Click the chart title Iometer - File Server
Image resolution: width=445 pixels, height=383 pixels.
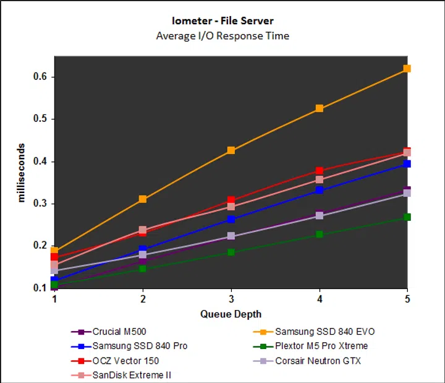(x=222, y=21)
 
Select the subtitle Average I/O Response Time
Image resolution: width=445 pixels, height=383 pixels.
(x=222, y=35)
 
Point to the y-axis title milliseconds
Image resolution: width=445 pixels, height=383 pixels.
(x=21, y=173)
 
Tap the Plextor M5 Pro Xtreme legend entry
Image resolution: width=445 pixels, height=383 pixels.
(x=321, y=346)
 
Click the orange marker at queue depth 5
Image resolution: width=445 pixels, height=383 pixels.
(x=407, y=69)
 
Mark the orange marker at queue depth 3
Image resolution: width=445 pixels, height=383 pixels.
(x=231, y=150)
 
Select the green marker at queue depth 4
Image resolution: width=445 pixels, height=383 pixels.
(x=320, y=235)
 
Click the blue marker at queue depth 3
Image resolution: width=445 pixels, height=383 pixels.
(x=231, y=220)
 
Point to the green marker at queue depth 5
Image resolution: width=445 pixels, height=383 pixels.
(x=407, y=217)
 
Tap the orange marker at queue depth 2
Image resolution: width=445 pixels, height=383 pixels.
(x=143, y=199)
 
